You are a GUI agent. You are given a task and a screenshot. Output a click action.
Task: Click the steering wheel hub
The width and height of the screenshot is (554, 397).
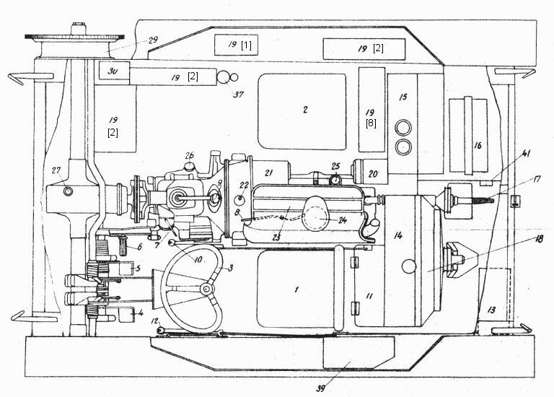pyautogui.click(x=206, y=289)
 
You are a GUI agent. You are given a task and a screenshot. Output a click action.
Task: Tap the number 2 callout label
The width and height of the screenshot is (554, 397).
pyautogui.click(x=305, y=110)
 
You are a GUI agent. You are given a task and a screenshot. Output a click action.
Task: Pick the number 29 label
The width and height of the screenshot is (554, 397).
pyautogui.click(x=152, y=40)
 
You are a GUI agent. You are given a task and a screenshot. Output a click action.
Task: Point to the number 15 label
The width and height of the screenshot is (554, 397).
pyautogui.click(x=403, y=97)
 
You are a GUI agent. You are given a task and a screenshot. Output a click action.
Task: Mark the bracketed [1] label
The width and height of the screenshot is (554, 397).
pyautogui.click(x=246, y=45)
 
